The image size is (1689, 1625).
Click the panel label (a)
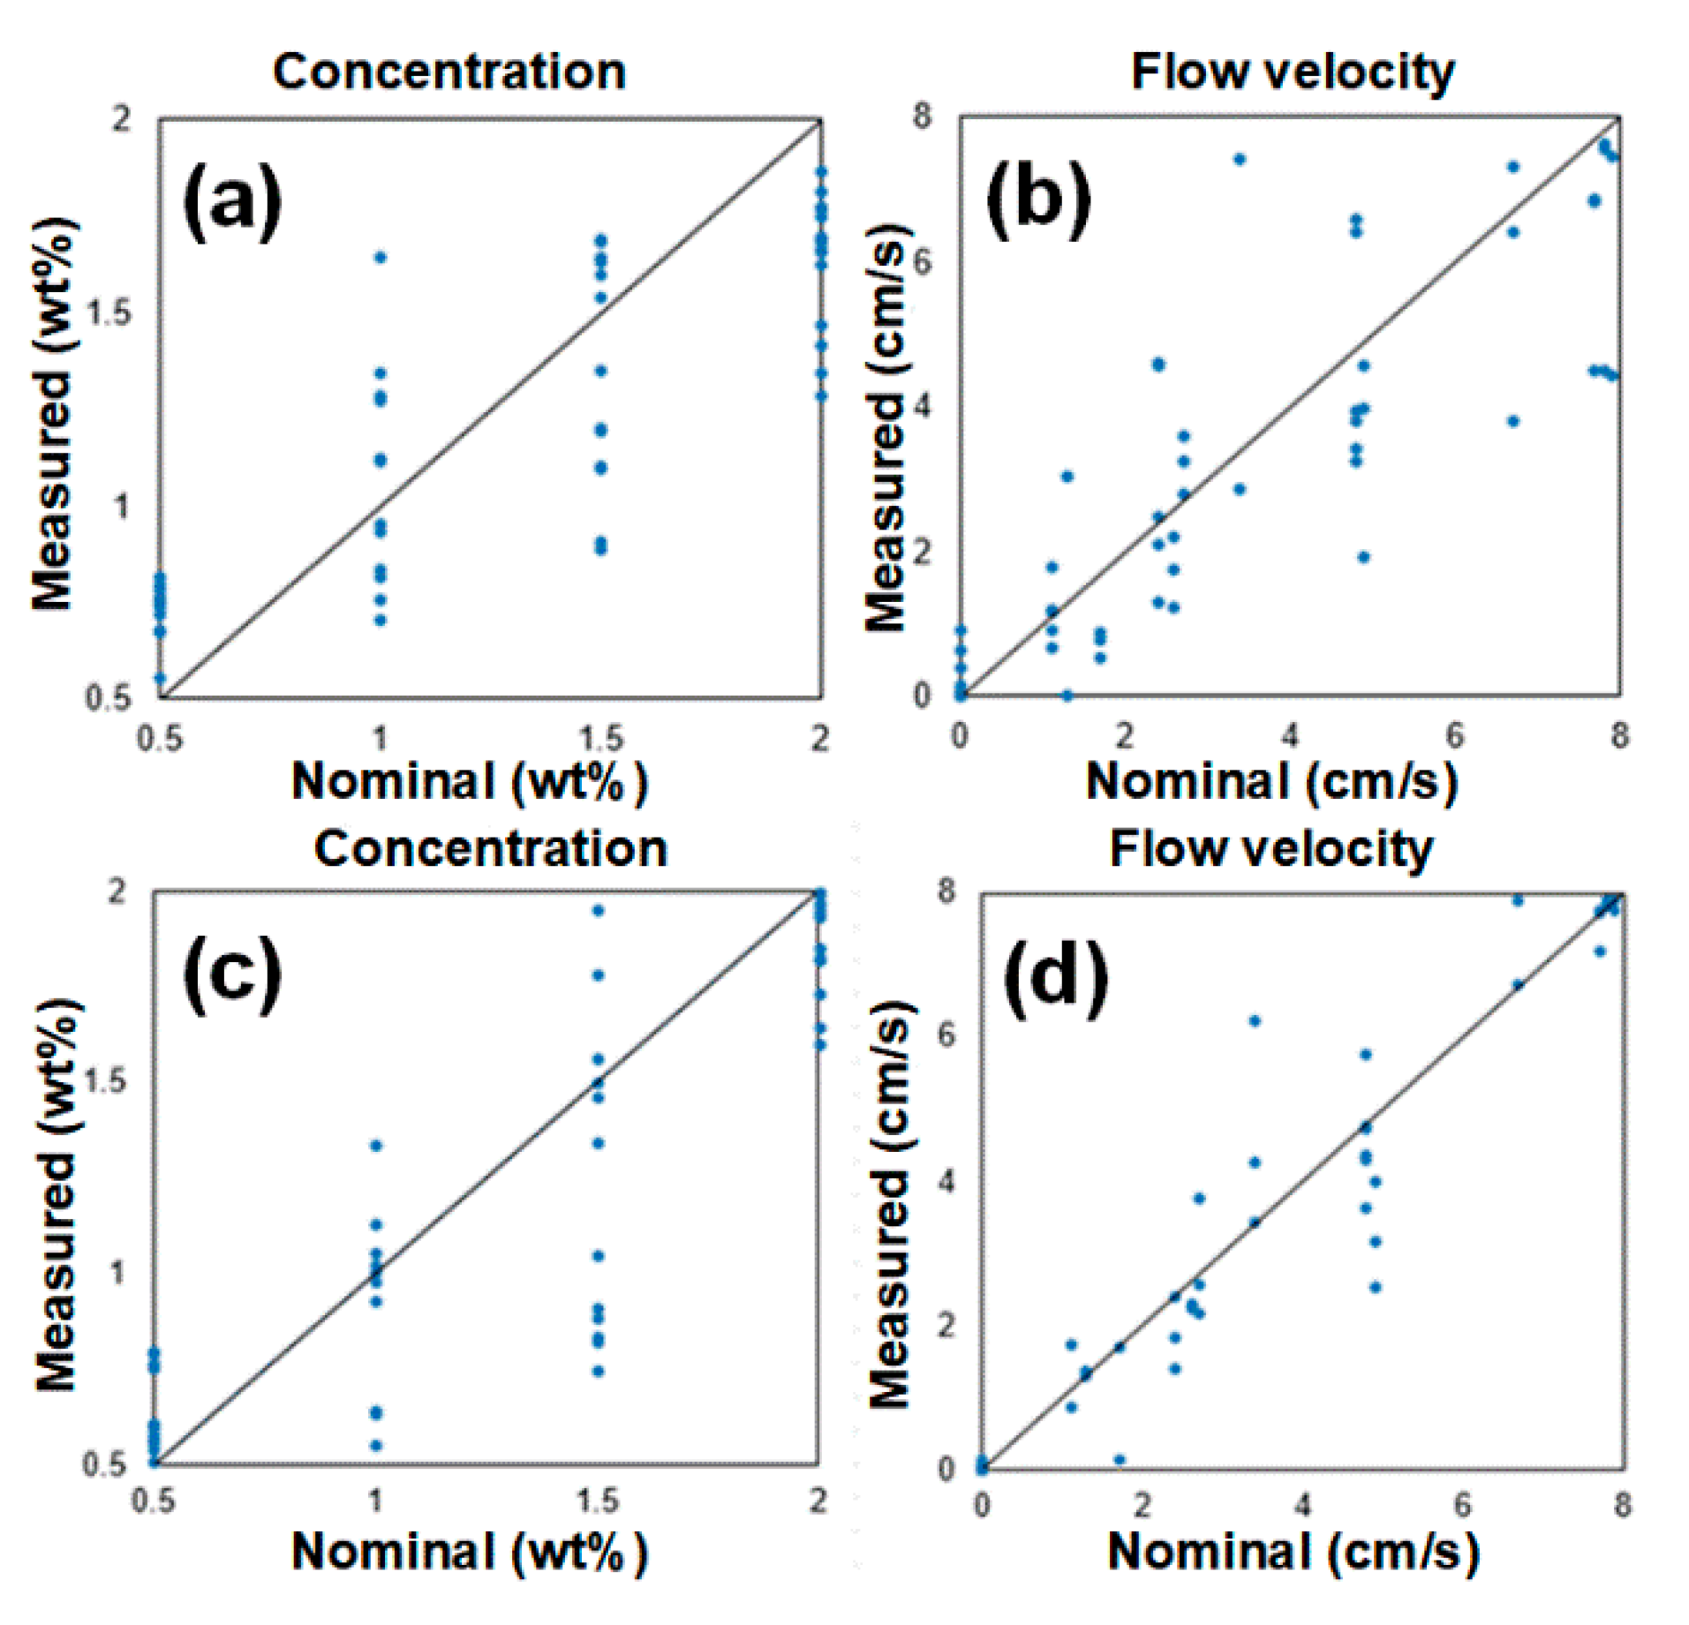[231, 202]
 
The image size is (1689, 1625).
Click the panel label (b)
[1037, 202]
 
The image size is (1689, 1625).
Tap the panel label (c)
[231, 975]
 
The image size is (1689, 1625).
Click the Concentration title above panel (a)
[449, 71]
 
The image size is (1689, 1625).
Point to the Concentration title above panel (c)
[490, 849]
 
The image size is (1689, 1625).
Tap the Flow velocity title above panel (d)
[1271, 849]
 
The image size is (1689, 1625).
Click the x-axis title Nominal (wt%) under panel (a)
[469, 781]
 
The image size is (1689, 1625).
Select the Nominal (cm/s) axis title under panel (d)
[1293, 1551]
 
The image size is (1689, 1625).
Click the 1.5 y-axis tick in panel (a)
[108, 312]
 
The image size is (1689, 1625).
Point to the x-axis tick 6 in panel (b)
[1454, 735]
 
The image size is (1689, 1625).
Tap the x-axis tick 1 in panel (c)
[375, 1500]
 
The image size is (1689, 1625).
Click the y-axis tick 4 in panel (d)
[946, 1181]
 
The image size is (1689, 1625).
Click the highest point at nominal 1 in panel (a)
[381, 258]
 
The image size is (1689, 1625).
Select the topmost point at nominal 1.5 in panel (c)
[598, 911]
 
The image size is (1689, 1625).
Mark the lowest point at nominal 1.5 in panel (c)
[598, 1372]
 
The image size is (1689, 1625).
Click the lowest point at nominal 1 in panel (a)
[381, 620]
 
